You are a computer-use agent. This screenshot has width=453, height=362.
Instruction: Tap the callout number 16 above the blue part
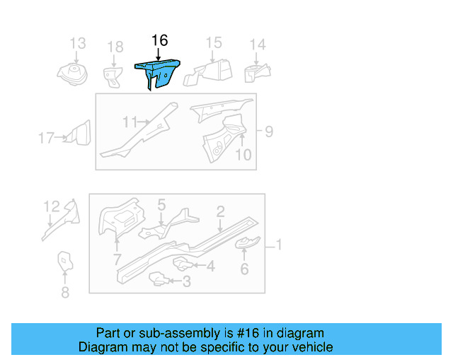tap(160, 40)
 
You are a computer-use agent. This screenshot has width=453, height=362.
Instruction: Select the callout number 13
tap(77, 43)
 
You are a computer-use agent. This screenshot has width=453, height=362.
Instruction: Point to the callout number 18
tap(115, 47)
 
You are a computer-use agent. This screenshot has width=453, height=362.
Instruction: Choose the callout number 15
tap(214, 43)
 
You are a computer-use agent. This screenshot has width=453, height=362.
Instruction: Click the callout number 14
tap(258, 45)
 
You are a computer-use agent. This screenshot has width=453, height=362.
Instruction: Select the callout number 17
tap(46, 138)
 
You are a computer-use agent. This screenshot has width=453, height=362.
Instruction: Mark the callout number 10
tap(243, 153)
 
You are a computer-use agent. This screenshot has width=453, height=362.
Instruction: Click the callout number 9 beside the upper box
tap(268, 131)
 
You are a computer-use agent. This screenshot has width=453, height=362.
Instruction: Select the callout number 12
tap(52, 206)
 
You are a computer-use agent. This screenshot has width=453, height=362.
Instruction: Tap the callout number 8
tap(65, 292)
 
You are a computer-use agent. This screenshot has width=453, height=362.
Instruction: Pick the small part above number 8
tap(65, 262)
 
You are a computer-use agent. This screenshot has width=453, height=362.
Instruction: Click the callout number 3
tap(186, 281)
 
